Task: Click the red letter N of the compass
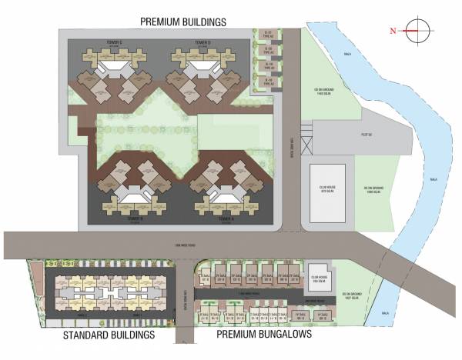coord(392,31)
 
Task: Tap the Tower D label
coord(203,43)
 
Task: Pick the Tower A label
coord(225,219)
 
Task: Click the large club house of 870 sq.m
coord(327,192)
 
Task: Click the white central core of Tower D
coord(201,72)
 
